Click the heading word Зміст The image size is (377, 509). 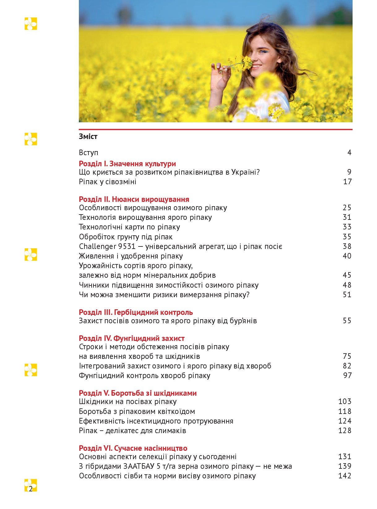[x=88, y=137]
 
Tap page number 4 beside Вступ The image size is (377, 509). [x=349, y=152]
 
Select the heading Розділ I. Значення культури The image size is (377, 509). [x=127, y=164]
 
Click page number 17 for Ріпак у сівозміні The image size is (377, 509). [x=347, y=182]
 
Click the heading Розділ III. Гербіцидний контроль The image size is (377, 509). [x=136, y=312]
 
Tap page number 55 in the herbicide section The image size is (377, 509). [x=347, y=321]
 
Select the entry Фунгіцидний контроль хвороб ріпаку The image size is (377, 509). [x=144, y=376]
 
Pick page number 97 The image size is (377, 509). [x=347, y=376]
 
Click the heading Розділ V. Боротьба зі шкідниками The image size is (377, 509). [x=138, y=393]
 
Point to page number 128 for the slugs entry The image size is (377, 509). [x=345, y=431]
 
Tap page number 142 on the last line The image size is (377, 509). [x=345, y=476]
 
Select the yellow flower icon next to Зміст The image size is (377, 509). [x=31, y=139]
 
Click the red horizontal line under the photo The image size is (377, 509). [x=216, y=129]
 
